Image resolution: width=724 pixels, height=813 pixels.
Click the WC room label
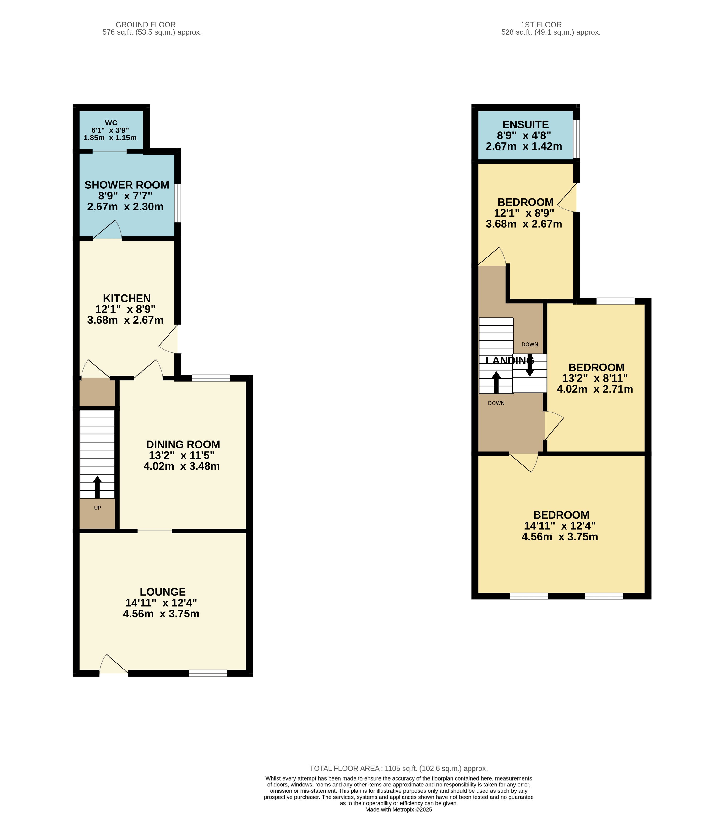pos(111,123)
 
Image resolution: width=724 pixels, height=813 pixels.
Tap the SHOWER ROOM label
pos(127,185)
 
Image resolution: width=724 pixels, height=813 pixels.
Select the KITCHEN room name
pos(127,298)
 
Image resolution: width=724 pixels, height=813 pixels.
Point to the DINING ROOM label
pos(183,444)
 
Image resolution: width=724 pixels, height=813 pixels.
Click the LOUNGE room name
pos(162,592)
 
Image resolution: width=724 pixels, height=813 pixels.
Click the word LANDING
pos(509,360)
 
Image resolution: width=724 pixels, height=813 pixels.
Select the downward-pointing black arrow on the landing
pos(530,365)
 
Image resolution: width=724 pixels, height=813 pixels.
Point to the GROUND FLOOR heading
pos(146,25)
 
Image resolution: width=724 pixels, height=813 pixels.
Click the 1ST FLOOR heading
pos(541,25)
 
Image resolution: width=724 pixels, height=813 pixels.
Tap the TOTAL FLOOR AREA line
pos(398,768)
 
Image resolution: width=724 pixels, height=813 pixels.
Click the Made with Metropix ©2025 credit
pos(398,809)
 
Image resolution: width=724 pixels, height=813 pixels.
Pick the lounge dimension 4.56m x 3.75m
pos(161,614)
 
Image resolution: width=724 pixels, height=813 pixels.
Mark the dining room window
pos(211,378)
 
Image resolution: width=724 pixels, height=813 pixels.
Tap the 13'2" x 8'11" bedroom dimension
pos(595,378)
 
